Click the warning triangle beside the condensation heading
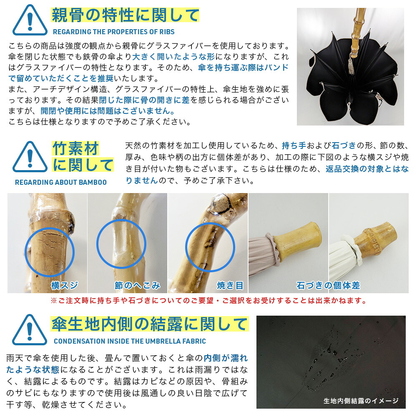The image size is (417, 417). click(30, 329)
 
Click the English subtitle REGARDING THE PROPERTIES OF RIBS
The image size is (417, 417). click(113, 32)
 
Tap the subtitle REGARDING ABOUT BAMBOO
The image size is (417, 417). click(61, 182)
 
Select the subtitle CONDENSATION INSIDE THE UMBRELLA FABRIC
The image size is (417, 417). click(130, 341)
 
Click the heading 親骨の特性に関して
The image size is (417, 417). click(125, 15)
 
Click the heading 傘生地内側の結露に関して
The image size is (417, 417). click(150, 324)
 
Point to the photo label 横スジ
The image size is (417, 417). click(65, 285)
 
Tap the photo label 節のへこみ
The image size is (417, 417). click(138, 285)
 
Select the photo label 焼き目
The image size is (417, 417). click(230, 285)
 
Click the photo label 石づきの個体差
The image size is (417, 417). click(328, 285)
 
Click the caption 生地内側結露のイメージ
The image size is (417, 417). click(361, 401)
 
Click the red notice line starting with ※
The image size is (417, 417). click(208, 301)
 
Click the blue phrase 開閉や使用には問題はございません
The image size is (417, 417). click(107, 111)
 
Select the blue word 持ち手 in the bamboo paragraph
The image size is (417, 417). click(294, 146)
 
